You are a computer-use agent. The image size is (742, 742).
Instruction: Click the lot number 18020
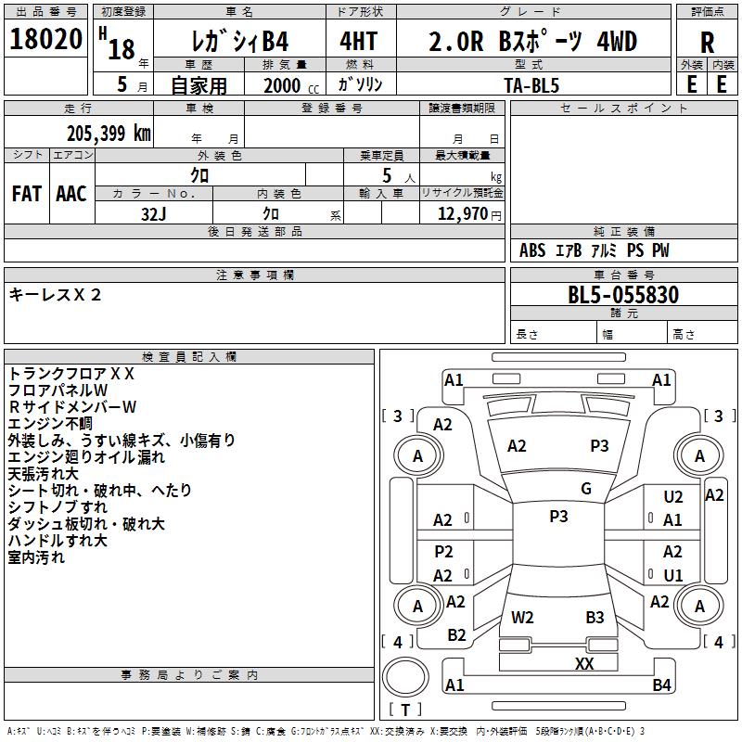click(x=45, y=39)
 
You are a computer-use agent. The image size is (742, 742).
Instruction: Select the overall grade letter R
click(x=707, y=43)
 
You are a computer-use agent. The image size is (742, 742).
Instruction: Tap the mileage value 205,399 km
click(x=109, y=133)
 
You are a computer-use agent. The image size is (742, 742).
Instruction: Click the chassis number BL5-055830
click(x=623, y=295)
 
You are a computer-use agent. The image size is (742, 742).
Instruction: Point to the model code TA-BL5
click(x=531, y=85)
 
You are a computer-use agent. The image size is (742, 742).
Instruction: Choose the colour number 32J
click(x=154, y=214)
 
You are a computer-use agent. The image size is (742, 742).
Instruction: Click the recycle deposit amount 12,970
click(x=462, y=213)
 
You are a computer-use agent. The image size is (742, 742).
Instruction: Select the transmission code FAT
click(x=27, y=194)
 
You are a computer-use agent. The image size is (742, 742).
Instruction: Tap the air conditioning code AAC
click(x=71, y=194)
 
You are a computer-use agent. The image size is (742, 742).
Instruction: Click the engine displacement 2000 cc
click(x=291, y=85)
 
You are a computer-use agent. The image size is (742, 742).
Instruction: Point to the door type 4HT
click(x=359, y=41)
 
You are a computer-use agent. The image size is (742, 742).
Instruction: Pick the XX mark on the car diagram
click(x=584, y=663)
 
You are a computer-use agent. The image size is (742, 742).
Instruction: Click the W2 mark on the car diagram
click(x=522, y=617)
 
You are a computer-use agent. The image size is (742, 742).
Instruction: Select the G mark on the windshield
click(x=586, y=488)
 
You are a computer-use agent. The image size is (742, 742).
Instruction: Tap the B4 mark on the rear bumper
click(x=661, y=684)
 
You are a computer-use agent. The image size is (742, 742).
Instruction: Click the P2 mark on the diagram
click(x=443, y=551)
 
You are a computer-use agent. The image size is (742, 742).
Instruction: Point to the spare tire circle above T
click(x=405, y=677)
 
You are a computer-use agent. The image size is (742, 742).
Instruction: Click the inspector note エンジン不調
click(x=50, y=424)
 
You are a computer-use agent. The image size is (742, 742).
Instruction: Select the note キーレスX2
click(x=55, y=295)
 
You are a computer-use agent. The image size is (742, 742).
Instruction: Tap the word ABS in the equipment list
click(x=532, y=250)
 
